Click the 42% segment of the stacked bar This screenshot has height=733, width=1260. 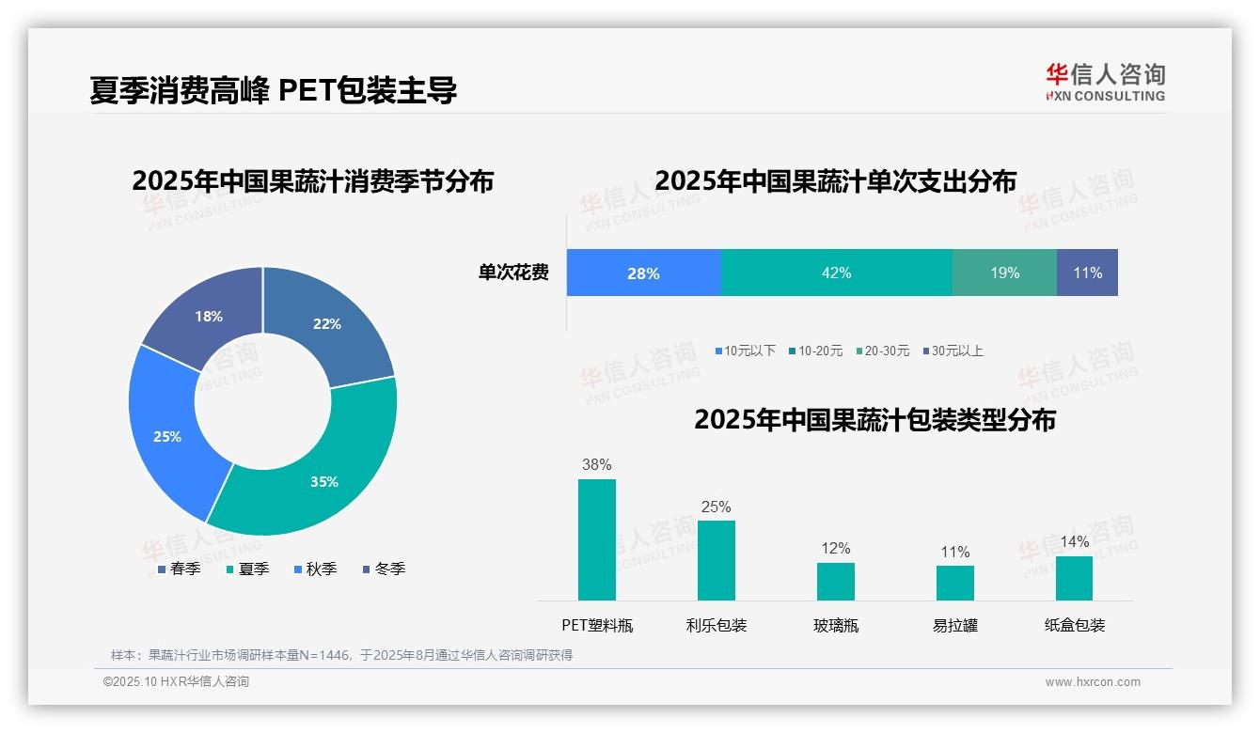pyautogui.click(x=836, y=273)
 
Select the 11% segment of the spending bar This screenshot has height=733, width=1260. pyautogui.click(x=1087, y=273)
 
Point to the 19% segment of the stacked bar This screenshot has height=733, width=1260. pyautogui.click(x=1004, y=273)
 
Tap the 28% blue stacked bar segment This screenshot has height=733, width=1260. pyautogui.click(x=643, y=273)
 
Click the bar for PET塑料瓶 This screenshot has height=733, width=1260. pyautogui.click(x=596, y=539)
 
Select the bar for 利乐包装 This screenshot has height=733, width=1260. pyautogui.click(x=716, y=560)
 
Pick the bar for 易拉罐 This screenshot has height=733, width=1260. pyautogui.click(x=954, y=583)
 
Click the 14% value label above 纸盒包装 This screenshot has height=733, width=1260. pyautogui.click(x=1074, y=541)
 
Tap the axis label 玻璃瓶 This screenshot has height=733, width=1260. pyautogui.click(x=835, y=625)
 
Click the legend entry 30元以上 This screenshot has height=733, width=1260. pyautogui.click(x=956, y=351)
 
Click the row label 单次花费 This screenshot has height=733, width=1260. pyautogui.click(x=513, y=273)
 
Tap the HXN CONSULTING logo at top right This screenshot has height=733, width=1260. pyautogui.click(x=1105, y=82)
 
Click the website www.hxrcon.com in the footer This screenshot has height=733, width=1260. pyautogui.click(x=1092, y=682)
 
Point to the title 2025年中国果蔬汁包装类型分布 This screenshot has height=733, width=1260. pyautogui.click(x=874, y=419)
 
